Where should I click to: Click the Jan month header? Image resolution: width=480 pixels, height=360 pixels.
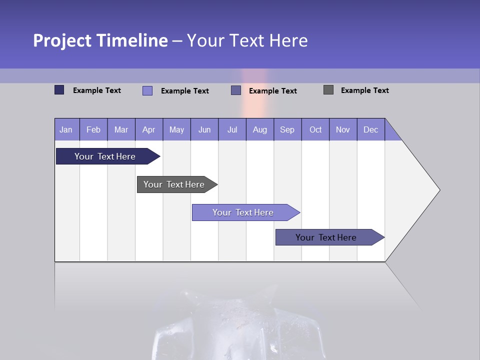click(66, 129)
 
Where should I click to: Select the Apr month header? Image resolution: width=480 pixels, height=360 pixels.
click(149, 129)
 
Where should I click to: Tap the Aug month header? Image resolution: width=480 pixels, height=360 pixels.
click(259, 129)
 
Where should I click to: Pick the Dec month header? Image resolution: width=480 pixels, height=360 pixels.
click(370, 129)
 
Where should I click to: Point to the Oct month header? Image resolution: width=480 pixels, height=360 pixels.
click(315, 129)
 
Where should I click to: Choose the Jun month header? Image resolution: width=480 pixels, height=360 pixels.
click(204, 129)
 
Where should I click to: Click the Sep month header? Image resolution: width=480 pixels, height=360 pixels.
click(287, 129)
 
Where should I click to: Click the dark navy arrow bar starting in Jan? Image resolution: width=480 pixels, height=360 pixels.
click(105, 156)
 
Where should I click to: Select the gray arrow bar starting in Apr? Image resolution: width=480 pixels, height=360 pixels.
click(174, 184)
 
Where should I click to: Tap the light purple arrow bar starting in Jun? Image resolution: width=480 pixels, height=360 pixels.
click(243, 212)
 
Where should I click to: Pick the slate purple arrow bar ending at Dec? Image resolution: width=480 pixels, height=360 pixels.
click(326, 237)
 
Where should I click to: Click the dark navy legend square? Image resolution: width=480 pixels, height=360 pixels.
click(59, 90)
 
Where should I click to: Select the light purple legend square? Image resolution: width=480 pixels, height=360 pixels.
click(147, 90)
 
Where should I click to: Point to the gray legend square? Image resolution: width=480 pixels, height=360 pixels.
click(328, 90)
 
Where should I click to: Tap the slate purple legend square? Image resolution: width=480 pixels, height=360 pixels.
click(236, 90)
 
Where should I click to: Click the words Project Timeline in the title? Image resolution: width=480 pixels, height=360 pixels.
click(100, 40)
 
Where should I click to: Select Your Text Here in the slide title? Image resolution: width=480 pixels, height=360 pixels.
click(247, 40)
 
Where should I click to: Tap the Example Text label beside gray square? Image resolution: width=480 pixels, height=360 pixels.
click(364, 90)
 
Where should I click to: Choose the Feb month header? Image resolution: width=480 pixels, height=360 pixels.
click(93, 129)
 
